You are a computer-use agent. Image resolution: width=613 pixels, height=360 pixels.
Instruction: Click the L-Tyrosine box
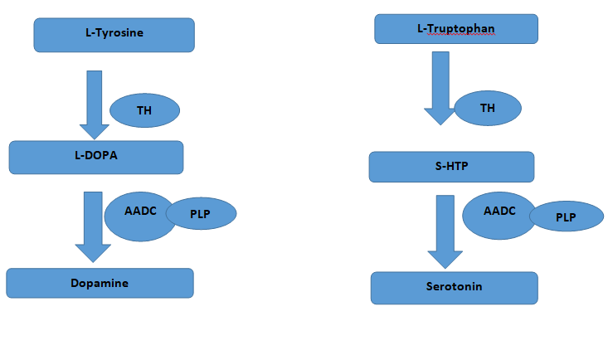point(114,35)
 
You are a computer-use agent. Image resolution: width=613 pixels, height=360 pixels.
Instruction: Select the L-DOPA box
point(95,157)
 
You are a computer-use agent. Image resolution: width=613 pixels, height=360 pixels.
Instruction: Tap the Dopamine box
point(100,283)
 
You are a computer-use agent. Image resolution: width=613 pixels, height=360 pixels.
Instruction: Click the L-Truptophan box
point(456,29)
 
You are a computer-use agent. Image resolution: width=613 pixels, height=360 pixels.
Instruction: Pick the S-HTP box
point(451,166)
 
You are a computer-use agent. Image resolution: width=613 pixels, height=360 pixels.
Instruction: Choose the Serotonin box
point(454,287)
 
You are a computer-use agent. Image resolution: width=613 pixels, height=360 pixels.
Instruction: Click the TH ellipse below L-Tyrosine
point(144,110)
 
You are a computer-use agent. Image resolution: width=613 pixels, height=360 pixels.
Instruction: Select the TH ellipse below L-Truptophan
point(488,108)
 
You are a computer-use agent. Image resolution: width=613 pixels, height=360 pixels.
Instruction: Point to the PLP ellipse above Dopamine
point(202,214)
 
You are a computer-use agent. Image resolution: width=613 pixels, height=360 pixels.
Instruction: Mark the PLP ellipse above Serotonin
point(566,216)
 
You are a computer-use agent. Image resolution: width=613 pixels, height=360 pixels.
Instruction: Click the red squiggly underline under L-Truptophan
point(456,36)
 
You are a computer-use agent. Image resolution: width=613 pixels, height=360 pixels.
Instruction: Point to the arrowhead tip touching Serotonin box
point(445,267)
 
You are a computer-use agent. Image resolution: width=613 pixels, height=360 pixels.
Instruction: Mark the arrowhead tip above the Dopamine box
point(93,262)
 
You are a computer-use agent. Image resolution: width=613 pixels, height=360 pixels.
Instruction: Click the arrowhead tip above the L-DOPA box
point(95,138)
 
